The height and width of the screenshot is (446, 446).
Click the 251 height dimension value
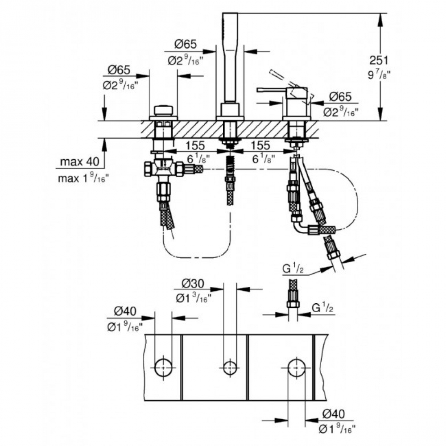379,60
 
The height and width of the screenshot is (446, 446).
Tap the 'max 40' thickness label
80,162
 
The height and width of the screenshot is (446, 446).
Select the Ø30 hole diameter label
193,284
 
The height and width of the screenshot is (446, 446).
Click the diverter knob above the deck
163,110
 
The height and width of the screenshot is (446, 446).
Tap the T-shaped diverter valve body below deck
163,169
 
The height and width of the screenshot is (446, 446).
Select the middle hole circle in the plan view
230,368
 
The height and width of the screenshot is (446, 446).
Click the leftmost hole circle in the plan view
163,368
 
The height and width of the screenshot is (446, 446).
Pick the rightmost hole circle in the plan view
297,368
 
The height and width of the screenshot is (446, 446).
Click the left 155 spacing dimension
195,146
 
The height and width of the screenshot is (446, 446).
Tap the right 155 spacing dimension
261,146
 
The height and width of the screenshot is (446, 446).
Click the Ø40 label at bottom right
333,414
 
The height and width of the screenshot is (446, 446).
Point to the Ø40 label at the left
125,311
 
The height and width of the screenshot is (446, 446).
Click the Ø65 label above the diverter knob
119,70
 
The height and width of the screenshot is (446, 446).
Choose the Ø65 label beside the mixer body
340,97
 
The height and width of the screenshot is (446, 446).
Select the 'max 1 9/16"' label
83,179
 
